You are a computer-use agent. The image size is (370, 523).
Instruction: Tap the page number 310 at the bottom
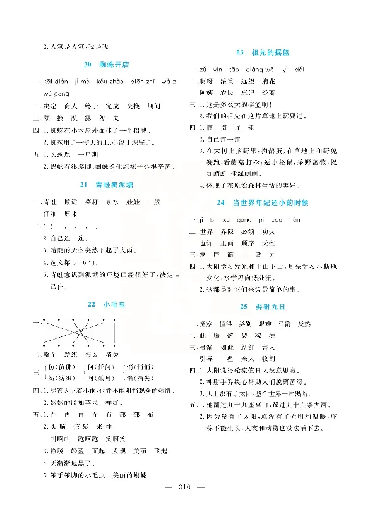(185, 504)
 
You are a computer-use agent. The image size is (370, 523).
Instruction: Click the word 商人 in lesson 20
(71, 105)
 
